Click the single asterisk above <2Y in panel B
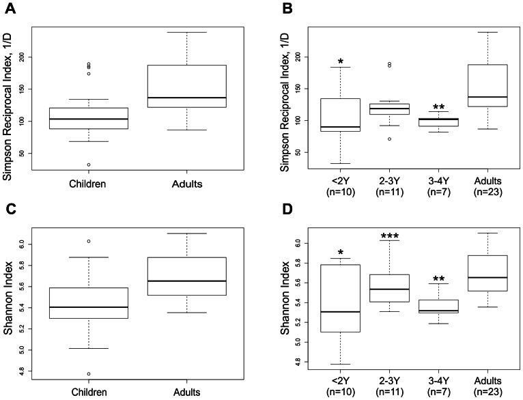[340, 62]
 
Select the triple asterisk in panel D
[390, 236]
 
